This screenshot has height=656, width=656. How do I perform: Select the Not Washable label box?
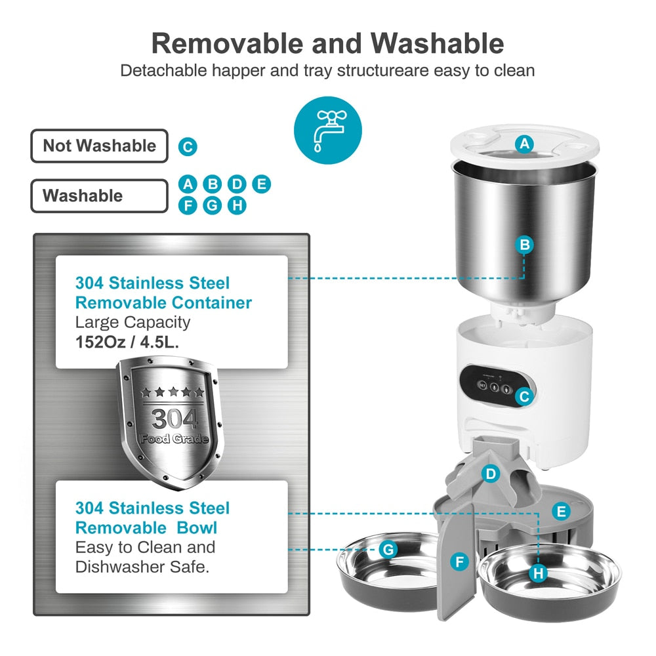[99, 146]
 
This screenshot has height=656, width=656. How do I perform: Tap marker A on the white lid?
[523, 144]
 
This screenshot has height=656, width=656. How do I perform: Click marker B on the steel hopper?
[524, 245]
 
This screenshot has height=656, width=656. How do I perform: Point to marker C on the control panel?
[523, 396]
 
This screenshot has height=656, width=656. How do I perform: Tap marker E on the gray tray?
[560, 511]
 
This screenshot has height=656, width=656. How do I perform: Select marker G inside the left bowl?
[388, 549]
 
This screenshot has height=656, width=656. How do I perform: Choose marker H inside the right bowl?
[539, 573]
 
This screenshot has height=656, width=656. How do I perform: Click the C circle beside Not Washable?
[188, 146]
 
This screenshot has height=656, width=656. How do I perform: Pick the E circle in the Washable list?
[261, 184]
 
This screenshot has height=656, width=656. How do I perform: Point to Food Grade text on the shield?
[174, 438]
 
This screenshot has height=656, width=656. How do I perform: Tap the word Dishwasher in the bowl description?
[119, 567]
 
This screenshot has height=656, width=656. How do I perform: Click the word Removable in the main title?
[228, 43]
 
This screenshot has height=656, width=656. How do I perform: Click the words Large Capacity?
[133, 322]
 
